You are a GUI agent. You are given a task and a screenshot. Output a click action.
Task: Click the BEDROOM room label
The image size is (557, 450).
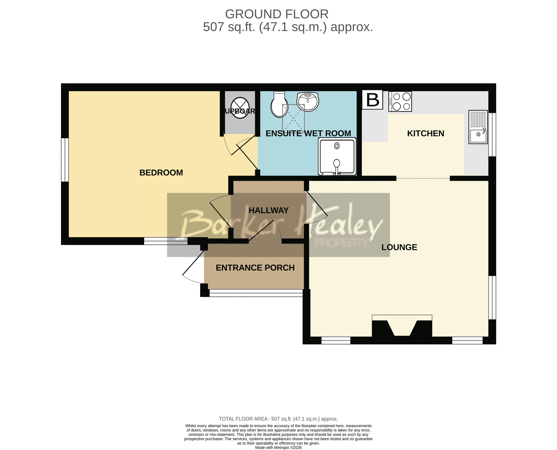coord(161,173)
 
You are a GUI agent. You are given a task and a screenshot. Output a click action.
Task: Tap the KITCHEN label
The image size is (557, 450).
coord(425,133)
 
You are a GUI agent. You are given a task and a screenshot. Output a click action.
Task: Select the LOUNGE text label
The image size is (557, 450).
coord(399,247)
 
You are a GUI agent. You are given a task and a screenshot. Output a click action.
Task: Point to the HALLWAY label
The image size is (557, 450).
coord(268,210)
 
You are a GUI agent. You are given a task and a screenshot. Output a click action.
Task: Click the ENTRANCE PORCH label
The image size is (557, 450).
coord(255,268)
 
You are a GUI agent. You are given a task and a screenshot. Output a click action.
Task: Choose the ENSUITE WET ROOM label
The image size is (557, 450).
coord(308,133)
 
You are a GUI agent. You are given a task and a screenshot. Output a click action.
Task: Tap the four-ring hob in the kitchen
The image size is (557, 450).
coord(400,102)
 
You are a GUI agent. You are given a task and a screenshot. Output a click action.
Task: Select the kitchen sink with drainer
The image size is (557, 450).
coord(478,127)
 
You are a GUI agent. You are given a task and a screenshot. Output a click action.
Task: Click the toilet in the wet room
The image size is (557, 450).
coord(279,106)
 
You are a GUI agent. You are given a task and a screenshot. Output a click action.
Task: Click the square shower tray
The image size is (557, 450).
coord(337,156)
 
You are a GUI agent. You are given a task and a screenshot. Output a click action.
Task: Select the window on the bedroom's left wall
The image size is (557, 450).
coord(65,160)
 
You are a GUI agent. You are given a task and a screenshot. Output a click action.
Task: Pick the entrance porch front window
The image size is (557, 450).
coord(256,293)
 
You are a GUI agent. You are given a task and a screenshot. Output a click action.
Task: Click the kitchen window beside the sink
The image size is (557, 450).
coord(492,135)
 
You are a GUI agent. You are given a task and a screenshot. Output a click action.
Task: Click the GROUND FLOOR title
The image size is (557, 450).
coord(277,14)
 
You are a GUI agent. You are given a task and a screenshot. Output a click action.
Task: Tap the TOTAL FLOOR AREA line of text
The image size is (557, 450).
coord(278,419)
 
